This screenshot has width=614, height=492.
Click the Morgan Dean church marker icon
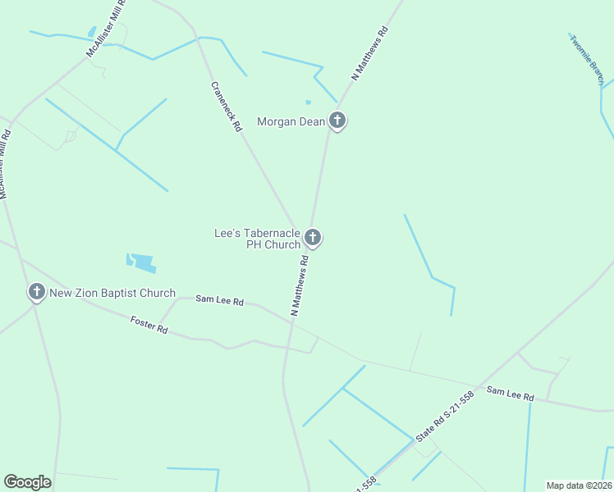coord(337,121)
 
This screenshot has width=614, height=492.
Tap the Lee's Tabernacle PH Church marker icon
coord(312,238)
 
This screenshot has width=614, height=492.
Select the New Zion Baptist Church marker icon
coord(36,292)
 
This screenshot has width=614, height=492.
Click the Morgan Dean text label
coord(291,122)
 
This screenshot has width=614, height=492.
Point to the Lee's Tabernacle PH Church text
coord(257,239)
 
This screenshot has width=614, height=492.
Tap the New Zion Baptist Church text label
coord(112,293)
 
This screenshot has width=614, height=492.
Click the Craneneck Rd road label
coord(226,107)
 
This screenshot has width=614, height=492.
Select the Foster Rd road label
coord(149,326)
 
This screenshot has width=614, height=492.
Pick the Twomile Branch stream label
coord(587,59)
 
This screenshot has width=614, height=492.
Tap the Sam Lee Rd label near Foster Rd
coord(219,301)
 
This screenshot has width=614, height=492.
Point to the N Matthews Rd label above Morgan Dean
coord(369,53)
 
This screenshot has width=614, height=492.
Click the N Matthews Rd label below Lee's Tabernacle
coord(300,286)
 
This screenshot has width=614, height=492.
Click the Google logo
coord(27,482)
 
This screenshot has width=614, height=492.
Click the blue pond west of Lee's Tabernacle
coord(142,262)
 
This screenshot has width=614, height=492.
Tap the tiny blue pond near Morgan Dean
coord(308,102)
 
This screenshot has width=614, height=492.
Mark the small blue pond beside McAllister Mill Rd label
coord(91,33)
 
